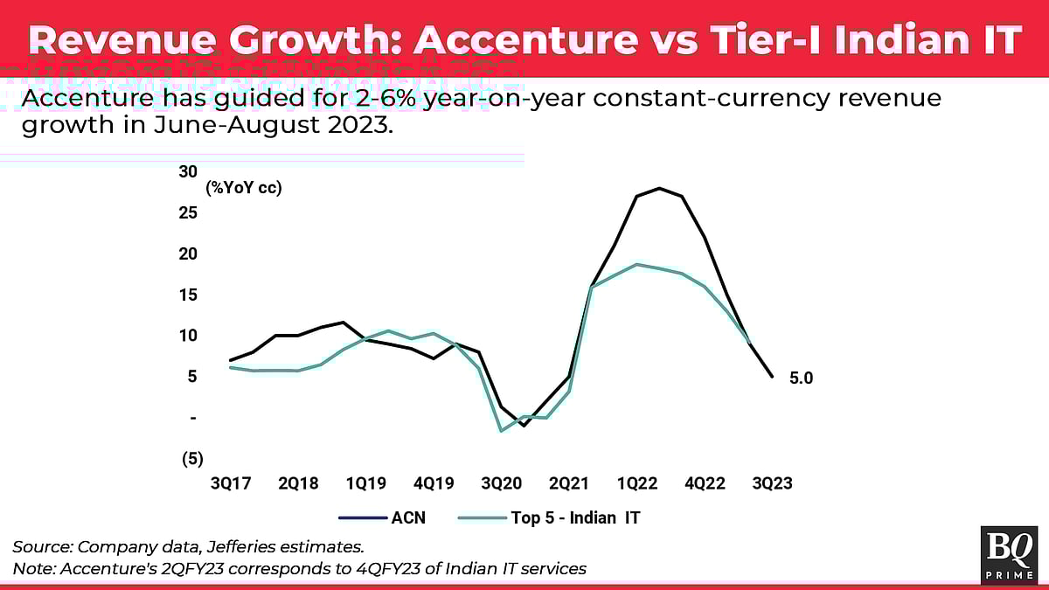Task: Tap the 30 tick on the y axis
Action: pyautogui.click(x=188, y=171)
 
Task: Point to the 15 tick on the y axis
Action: pyautogui.click(x=188, y=295)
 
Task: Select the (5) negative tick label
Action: pyautogui.click(x=191, y=458)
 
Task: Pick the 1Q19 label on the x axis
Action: pyautogui.click(x=365, y=483)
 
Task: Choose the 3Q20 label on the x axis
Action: pyautogui.click(x=501, y=483)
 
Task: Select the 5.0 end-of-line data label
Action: pyautogui.click(x=802, y=378)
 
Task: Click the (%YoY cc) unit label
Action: pyautogui.click(x=244, y=187)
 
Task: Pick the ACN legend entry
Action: pyautogui.click(x=407, y=517)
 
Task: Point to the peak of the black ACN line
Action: pyautogui.click(x=659, y=188)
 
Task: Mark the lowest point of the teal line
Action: pyautogui.click(x=501, y=431)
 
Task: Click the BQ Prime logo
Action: pyautogui.click(x=1010, y=554)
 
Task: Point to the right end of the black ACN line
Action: pyautogui.click(x=772, y=377)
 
